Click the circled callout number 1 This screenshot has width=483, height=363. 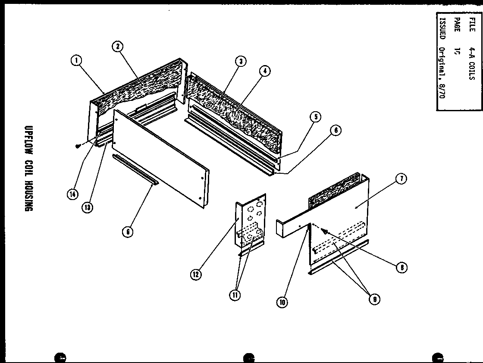point(76,61)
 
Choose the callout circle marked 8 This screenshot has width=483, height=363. point(401,267)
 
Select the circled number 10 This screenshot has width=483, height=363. point(282,302)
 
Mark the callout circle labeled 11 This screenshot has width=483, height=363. point(235,295)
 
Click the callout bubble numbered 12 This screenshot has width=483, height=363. point(196,274)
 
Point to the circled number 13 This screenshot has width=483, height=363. point(88,207)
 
